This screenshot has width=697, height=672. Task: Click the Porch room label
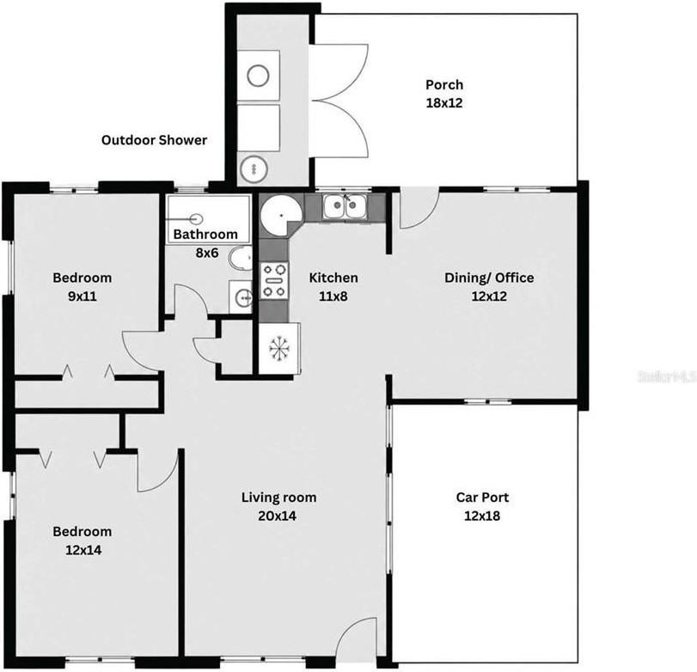(x=444, y=84)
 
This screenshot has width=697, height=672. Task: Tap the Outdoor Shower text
(x=154, y=140)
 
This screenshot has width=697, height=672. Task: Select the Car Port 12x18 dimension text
(x=482, y=516)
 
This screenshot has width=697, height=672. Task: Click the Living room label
(x=278, y=498)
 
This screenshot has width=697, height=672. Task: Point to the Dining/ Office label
(x=489, y=278)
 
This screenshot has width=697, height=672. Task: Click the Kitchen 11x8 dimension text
(x=333, y=296)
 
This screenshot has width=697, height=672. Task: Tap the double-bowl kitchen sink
(x=345, y=206)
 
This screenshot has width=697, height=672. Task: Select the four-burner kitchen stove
(x=274, y=280)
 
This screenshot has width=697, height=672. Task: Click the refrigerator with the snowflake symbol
(x=279, y=348)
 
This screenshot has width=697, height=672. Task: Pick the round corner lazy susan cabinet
(x=281, y=215)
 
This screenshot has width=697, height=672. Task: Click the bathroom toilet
(x=241, y=258)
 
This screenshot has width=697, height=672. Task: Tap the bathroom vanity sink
(x=241, y=296)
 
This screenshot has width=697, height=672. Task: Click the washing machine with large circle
(x=259, y=75)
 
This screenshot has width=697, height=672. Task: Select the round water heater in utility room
(x=254, y=169)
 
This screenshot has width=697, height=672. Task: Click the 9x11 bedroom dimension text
(x=83, y=296)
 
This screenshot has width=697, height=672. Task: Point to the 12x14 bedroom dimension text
(x=83, y=550)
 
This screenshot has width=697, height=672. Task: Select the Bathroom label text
(x=205, y=235)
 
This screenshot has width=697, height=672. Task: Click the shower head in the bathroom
(x=196, y=218)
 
